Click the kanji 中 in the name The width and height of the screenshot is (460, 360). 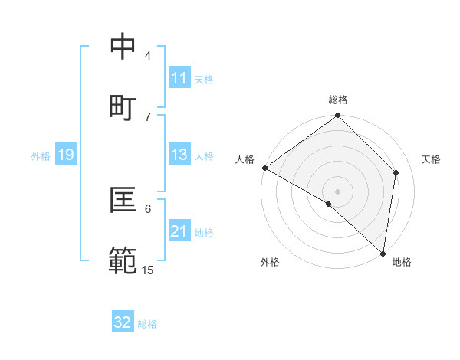tap(123, 47)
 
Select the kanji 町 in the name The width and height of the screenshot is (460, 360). tap(123, 107)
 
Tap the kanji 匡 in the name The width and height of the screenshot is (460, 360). tap(123, 199)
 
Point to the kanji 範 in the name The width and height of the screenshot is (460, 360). tap(123, 260)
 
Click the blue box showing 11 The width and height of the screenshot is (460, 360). tap(179, 78)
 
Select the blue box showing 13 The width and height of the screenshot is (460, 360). tap(179, 155)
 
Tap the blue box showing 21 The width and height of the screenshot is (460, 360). tap(179, 231)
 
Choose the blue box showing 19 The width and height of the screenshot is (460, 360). tap(65, 155)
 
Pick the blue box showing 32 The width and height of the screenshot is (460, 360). tap(123, 322)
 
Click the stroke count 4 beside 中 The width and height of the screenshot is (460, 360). tap(148, 56)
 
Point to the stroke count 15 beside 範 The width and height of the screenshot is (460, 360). tap(148, 270)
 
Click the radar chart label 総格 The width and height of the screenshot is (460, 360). tap(338, 100)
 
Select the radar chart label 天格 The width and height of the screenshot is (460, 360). tap(431, 159)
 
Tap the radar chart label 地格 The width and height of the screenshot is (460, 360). tap(402, 262)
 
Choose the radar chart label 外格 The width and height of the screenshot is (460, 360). tap(270, 262)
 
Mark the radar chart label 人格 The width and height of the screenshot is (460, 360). tap(245, 159)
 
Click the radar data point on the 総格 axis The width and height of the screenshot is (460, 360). tap(338, 116)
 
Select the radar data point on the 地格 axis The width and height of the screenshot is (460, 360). tap(383, 253)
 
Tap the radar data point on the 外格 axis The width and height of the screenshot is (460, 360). tap(329, 204)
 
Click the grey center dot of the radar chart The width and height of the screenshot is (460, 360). tap(338, 191)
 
